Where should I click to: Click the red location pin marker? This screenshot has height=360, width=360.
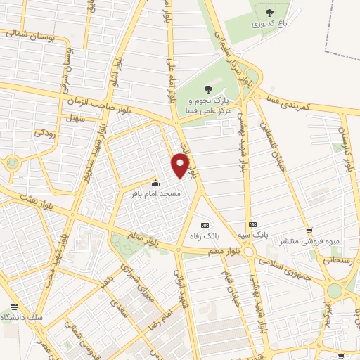coord(181,165)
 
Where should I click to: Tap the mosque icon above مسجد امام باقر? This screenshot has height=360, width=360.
coord(155,183)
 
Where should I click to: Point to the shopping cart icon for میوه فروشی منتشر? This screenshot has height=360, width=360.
coord(308,231)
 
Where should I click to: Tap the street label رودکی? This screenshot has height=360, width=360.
coord(44,131)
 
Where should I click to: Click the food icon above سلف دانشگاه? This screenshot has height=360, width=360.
coord(15,307)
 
